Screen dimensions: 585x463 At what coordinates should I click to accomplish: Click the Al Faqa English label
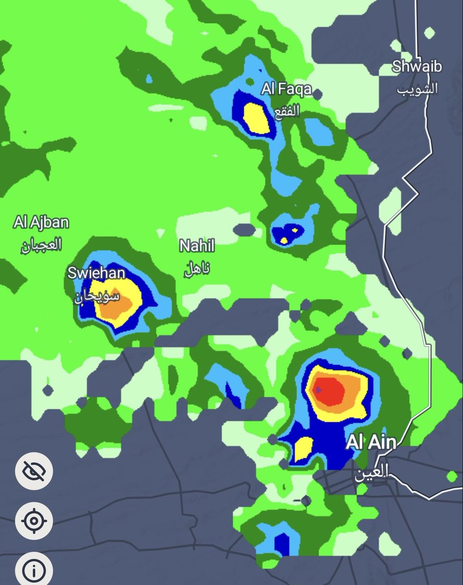click(x=286, y=90)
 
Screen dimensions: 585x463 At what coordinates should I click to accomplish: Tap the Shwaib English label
click(x=417, y=66)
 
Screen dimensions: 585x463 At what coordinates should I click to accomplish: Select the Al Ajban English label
click(x=41, y=223)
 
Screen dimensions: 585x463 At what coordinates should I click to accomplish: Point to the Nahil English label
click(x=197, y=246)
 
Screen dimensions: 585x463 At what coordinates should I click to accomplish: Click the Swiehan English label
click(x=96, y=273)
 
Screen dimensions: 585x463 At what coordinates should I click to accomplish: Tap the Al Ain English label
click(x=371, y=443)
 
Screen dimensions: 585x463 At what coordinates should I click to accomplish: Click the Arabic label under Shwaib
click(x=417, y=89)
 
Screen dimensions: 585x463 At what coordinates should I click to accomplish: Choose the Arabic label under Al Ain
click(x=371, y=471)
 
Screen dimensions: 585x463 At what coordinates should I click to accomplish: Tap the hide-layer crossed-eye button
click(x=34, y=470)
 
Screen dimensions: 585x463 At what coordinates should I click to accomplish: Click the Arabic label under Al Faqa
click(x=286, y=112)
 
